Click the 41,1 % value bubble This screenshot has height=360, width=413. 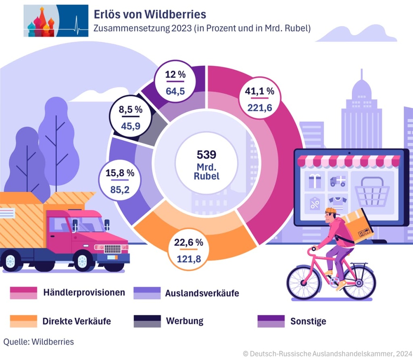coord(259,99)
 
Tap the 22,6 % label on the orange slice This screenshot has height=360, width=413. coord(189,250)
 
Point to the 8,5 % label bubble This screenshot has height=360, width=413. coord(130,117)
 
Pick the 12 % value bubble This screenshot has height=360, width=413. coord(175,83)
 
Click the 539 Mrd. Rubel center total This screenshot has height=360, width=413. coord(206,165)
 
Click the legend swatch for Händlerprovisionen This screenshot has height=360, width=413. coord(23,293)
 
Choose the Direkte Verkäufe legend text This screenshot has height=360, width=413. coord(77,321)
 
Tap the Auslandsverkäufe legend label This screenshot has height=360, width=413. coord(202,293)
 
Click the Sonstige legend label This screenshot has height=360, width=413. coord(308,321)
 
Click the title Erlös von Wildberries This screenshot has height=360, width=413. coord(150,15)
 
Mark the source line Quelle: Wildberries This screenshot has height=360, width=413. coord(39,342)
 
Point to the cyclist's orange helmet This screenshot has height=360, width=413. coord(331,210)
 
